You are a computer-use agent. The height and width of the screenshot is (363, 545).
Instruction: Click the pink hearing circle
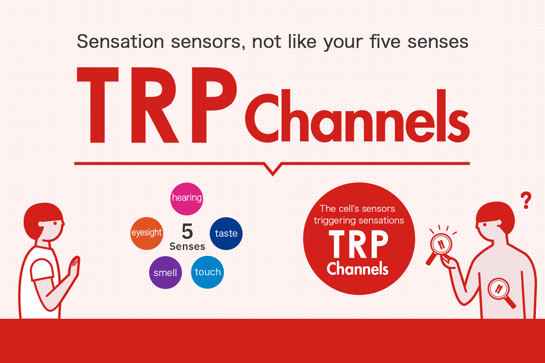coord(187,199)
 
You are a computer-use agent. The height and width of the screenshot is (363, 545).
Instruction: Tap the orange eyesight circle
coord(147,233)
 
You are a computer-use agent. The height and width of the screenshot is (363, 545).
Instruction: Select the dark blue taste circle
coord(226,233)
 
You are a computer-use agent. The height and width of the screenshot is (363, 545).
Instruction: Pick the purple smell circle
coord(165,273)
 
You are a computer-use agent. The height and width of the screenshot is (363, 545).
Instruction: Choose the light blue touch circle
coord(207,272)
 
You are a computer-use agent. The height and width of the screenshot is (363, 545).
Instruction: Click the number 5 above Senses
coord(187,231)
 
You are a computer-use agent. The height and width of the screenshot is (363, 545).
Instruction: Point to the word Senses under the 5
coord(187,247)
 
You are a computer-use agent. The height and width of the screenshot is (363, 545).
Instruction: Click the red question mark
coord(526,200)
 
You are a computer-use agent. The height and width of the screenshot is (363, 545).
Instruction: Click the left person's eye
coord(55,223)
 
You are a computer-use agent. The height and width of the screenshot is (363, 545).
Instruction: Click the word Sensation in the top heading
coord(120,42)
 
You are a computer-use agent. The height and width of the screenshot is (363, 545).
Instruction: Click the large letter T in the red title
coord(98,105)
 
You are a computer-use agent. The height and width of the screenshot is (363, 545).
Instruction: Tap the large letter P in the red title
coord(214,105)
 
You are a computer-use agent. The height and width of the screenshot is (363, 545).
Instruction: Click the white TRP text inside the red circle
coord(358,244)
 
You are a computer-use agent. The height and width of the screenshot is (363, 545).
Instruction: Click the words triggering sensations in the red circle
coord(359,220)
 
